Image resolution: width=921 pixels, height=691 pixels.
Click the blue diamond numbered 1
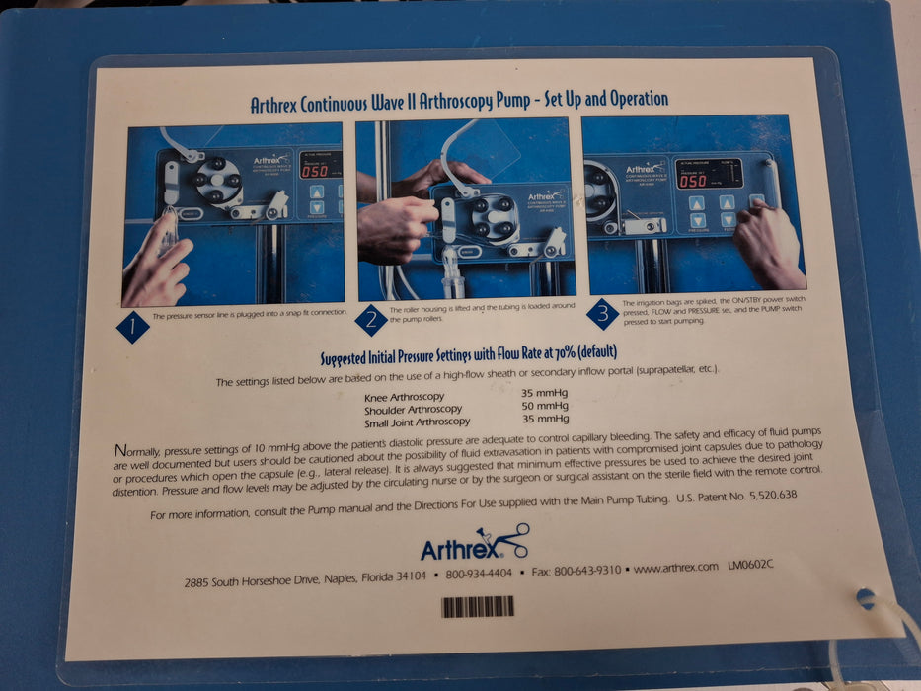(132, 327)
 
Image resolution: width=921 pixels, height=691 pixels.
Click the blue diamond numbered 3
(601, 315)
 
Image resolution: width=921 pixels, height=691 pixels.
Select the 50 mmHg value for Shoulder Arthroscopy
(545, 405)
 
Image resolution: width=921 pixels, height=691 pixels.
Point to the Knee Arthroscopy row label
(405, 397)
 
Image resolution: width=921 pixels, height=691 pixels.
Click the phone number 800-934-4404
(478, 574)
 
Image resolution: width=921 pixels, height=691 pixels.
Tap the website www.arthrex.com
(675, 568)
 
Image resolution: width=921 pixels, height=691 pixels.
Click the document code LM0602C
(750, 566)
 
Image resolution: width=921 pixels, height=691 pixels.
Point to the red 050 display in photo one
(315, 171)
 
